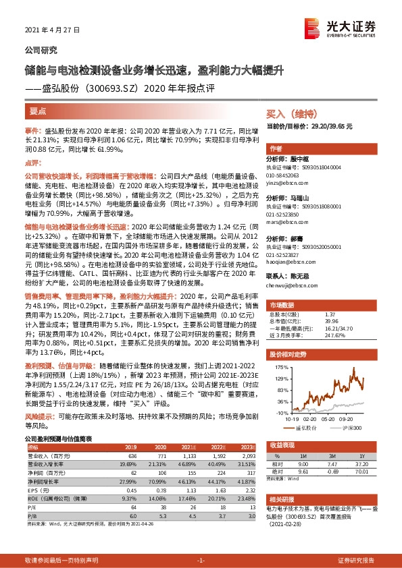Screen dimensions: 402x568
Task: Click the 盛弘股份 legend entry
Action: click(x=307, y=427)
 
